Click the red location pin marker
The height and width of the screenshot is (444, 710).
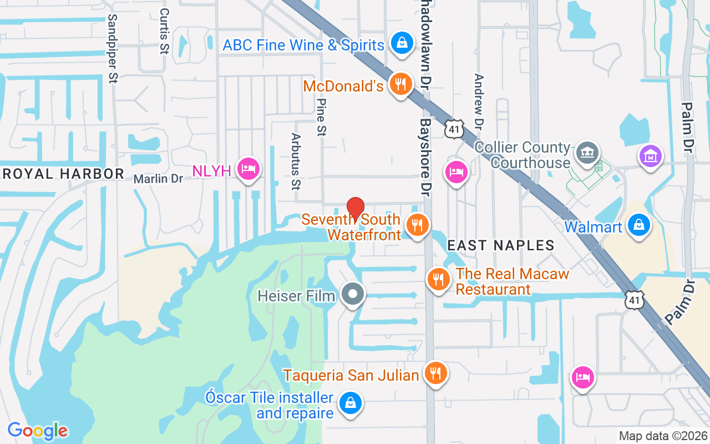355,209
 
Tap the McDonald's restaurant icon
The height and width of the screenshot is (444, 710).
399,84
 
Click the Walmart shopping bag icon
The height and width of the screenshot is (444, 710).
639,225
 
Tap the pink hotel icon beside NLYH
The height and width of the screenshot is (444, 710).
248,168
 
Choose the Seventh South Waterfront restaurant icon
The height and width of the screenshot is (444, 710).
417,225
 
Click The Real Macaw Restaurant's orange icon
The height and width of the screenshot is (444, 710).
439,279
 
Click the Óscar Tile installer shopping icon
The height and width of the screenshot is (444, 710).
351,403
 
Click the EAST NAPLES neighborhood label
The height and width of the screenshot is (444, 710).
501,245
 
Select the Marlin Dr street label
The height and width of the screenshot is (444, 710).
158,179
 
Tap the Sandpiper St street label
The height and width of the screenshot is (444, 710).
113,48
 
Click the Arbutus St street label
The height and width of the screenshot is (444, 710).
296,161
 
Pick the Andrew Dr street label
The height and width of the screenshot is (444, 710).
479,100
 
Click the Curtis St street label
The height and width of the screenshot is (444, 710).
164,31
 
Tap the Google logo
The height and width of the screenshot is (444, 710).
38,431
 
